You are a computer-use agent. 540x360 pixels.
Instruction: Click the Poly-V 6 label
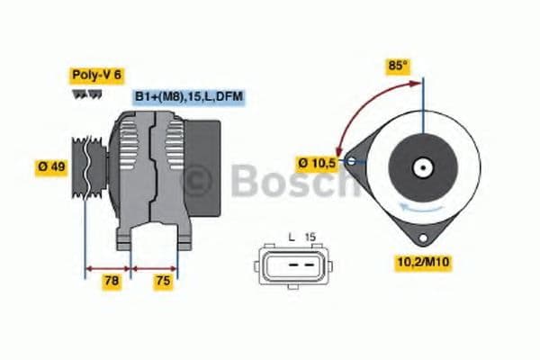pyautogui.click(x=96, y=76)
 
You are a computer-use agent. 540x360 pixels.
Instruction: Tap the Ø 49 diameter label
pyautogui.click(x=51, y=168)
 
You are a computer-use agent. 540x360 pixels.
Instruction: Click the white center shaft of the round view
pyautogui.click(x=420, y=166)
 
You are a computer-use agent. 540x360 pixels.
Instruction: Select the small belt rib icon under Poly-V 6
pyautogui.click(x=84, y=94)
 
